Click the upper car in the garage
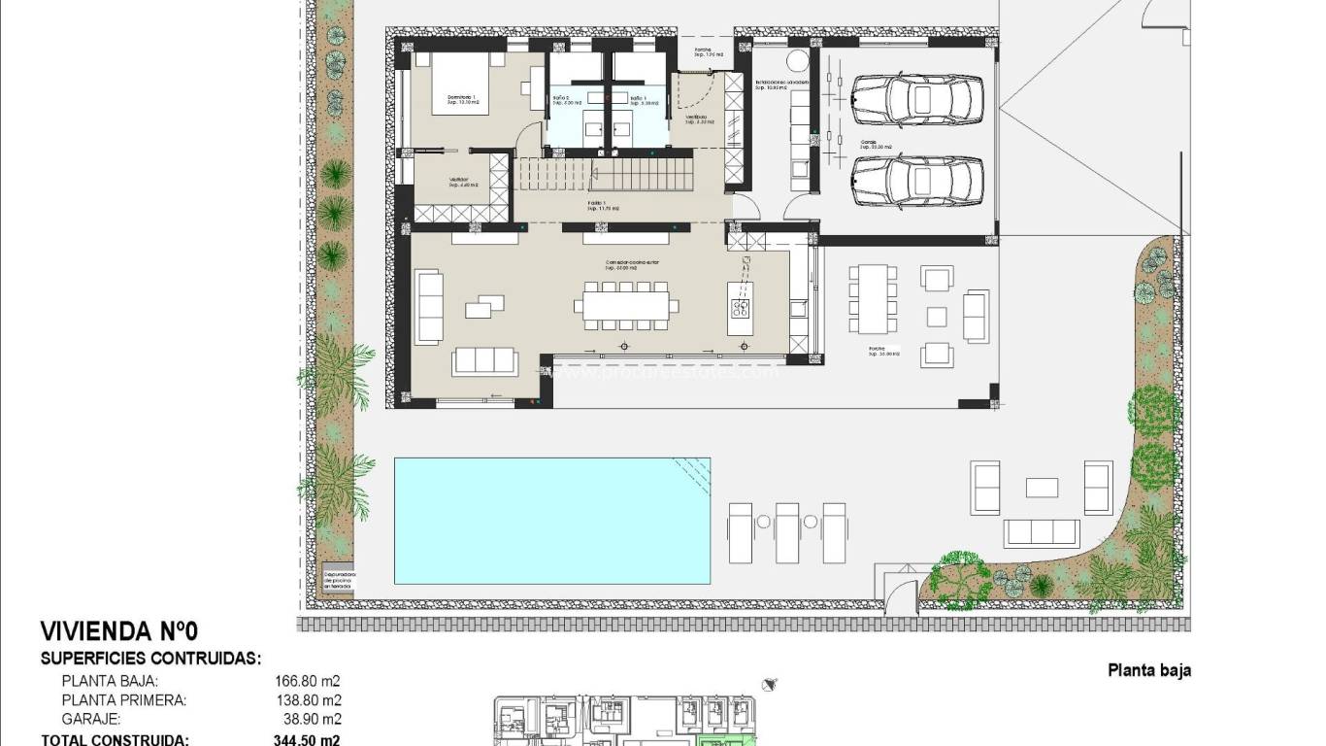[x=917, y=97]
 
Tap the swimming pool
[x=551, y=521]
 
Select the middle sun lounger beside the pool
[x=787, y=532]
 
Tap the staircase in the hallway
[x=605, y=175]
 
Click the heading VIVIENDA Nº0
[x=133, y=631]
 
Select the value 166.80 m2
[x=308, y=681]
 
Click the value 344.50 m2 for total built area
[x=308, y=739]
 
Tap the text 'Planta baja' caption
[x=1148, y=670]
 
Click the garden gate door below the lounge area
[x=898, y=588]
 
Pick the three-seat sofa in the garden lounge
[x=1042, y=532]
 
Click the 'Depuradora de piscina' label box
[x=339, y=579]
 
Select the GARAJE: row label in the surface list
[x=91, y=720]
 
